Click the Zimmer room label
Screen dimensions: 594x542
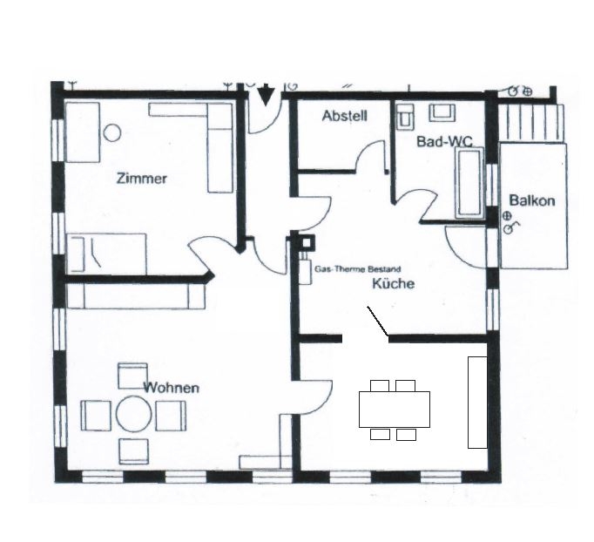[141, 179]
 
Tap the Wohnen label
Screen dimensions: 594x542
[172, 388]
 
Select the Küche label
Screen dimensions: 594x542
[393, 283]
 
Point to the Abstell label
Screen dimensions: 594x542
[345, 116]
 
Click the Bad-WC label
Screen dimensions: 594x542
[444, 142]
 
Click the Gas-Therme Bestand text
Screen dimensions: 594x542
[358, 269]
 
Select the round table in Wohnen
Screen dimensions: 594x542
[134, 414]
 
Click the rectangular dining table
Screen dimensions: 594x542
[395, 410]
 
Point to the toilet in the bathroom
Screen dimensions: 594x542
[405, 115]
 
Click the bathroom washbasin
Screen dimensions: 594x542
[442, 112]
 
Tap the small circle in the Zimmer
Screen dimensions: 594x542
[112, 133]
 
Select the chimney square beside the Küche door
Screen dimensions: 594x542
[306, 243]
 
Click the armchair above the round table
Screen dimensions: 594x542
[132, 376]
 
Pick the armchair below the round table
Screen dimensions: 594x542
[134, 451]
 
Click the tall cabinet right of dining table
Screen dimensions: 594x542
[477, 402]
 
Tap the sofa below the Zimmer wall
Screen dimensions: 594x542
[136, 296]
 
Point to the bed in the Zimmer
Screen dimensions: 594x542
[106, 254]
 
